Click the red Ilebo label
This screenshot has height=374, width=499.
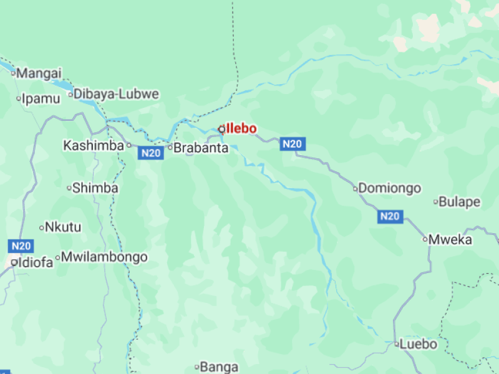tap(241, 128)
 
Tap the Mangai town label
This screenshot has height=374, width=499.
tap(39, 73)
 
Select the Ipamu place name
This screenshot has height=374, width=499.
tap(41, 98)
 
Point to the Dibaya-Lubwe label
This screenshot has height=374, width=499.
tap(117, 95)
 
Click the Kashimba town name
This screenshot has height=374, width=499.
tap(94, 145)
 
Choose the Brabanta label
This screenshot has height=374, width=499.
tap(201, 148)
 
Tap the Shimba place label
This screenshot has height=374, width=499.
tap(95, 188)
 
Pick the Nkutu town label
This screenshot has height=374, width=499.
tap(64, 227)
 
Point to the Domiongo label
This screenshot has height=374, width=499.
tap(390, 188)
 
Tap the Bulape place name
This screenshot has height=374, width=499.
tap(460, 202)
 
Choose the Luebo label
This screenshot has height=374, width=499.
tap(419, 344)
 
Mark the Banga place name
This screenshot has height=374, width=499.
tap(219, 367)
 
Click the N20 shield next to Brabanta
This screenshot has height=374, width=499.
tap(151, 153)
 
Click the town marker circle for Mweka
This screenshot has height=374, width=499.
tap(425, 239)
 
